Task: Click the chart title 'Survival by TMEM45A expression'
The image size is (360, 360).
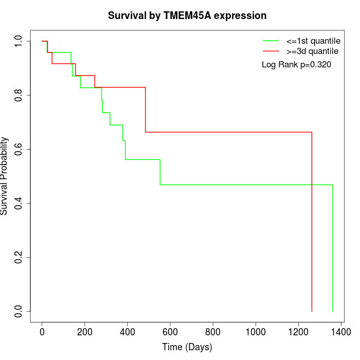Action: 187,15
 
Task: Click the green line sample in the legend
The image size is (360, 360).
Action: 271,41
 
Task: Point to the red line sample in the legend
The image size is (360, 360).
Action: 271,51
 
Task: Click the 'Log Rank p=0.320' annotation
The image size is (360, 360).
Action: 296,65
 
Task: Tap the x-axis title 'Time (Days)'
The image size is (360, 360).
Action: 187,347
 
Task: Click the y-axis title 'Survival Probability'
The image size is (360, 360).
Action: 5,176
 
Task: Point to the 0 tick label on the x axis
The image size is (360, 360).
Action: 42,332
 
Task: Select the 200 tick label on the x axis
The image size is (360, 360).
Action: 85,332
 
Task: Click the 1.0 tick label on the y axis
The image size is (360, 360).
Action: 19,41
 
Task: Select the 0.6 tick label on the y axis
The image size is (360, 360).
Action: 19,149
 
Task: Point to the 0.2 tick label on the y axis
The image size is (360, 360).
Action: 19,257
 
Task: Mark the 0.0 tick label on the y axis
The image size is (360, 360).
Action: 19,311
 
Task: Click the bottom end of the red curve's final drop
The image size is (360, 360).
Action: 312,311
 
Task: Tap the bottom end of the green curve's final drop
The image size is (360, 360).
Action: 333,311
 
